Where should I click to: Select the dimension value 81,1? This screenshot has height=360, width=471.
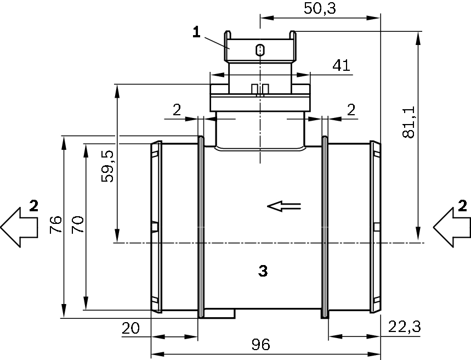[408, 121]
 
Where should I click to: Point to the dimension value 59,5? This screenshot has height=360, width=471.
[107, 166]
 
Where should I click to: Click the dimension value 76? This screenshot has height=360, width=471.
[56, 226]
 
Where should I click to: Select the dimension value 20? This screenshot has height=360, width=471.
[130, 328]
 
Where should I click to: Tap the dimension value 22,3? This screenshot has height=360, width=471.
[404, 327]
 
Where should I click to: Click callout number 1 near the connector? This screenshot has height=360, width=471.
[197, 32]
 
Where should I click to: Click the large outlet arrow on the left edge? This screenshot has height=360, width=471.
[18, 226]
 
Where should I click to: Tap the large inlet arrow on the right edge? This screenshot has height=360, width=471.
[451, 226]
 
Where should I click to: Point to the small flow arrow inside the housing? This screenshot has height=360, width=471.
[283, 206]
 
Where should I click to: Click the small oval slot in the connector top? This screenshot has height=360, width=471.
[259, 51]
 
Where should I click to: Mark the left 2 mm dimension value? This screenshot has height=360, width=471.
[177, 109]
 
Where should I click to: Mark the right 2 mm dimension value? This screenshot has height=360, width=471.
[351, 109]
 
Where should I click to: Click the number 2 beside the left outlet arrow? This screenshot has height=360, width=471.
[34, 206]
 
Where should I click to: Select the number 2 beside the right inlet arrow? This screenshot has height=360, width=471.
[462, 206]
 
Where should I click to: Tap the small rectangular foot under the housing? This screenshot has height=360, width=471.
[220, 313]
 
